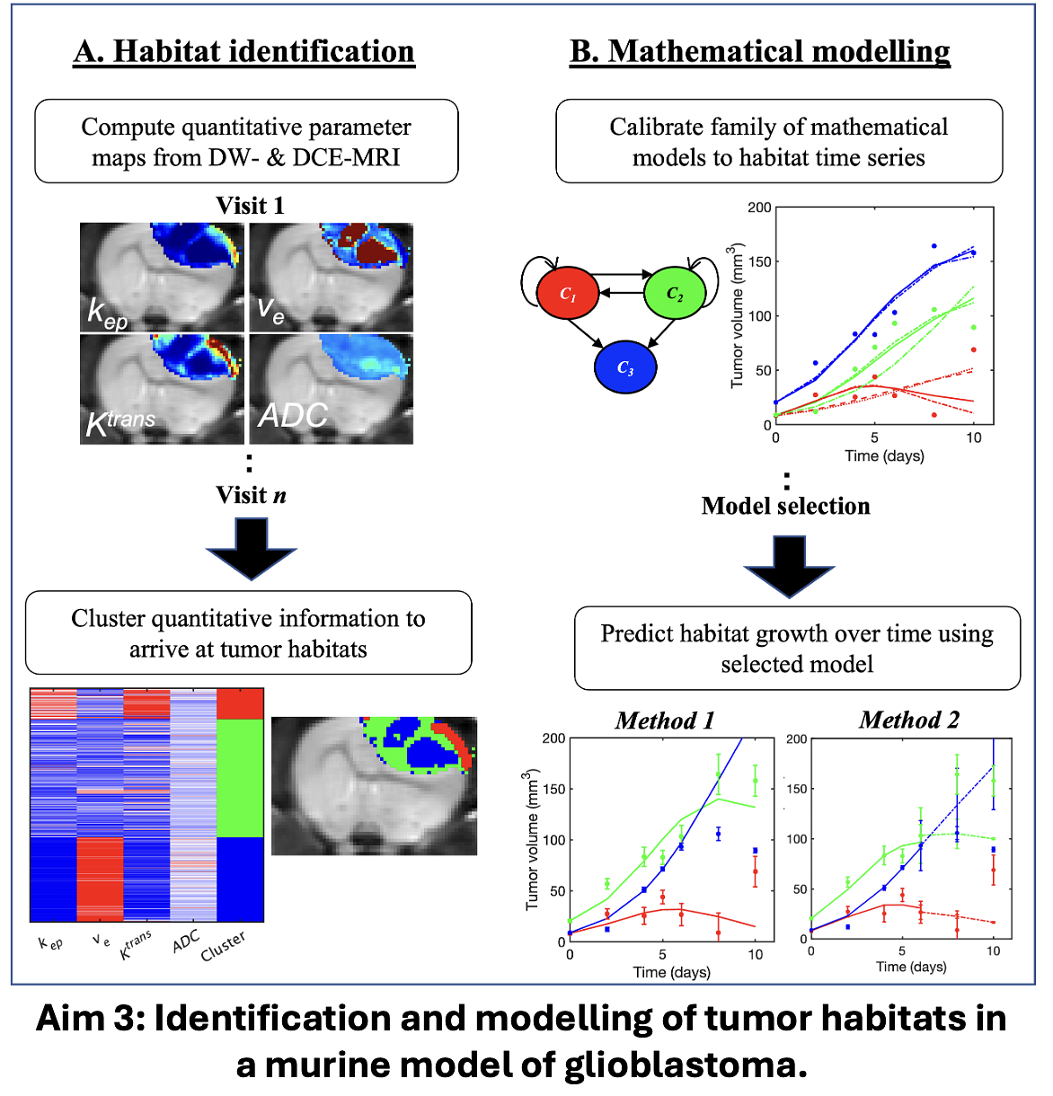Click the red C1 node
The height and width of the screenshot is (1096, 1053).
pyautogui.click(x=567, y=294)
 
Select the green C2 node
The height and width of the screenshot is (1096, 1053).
pyautogui.click(x=675, y=293)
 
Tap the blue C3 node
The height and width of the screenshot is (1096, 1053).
pyautogui.click(x=625, y=367)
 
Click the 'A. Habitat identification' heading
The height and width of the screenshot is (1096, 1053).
pyautogui.click(x=244, y=52)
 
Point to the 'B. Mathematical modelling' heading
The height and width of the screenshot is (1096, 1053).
pyautogui.click(x=759, y=52)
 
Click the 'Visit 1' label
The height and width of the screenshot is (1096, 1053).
pyautogui.click(x=250, y=206)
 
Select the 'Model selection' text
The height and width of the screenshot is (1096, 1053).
pyautogui.click(x=785, y=506)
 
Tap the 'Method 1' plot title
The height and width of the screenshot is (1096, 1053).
pyautogui.click(x=664, y=720)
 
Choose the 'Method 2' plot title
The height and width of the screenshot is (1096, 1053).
pyautogui.click(x=908, y=720)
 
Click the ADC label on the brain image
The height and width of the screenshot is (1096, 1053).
pyautogui.click(x=293, y=416)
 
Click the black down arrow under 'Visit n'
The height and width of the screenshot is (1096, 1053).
pyautogui.click(x=252, y=549)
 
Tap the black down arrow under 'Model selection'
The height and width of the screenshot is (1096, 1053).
pyautogui.click(x=789, y=567)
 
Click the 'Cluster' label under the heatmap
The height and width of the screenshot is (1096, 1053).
pyautogui.click(x=223, y=946)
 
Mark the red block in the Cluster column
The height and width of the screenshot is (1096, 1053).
pyautogui.click(x=240, y=704)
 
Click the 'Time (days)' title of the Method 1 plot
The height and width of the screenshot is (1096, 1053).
pyautogui.click(x=671, y=972)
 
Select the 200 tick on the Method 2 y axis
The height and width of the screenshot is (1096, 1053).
pyautogui.click(x=796, y=739)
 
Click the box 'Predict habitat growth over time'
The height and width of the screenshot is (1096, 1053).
pyautogui.click(x=797, y=649)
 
